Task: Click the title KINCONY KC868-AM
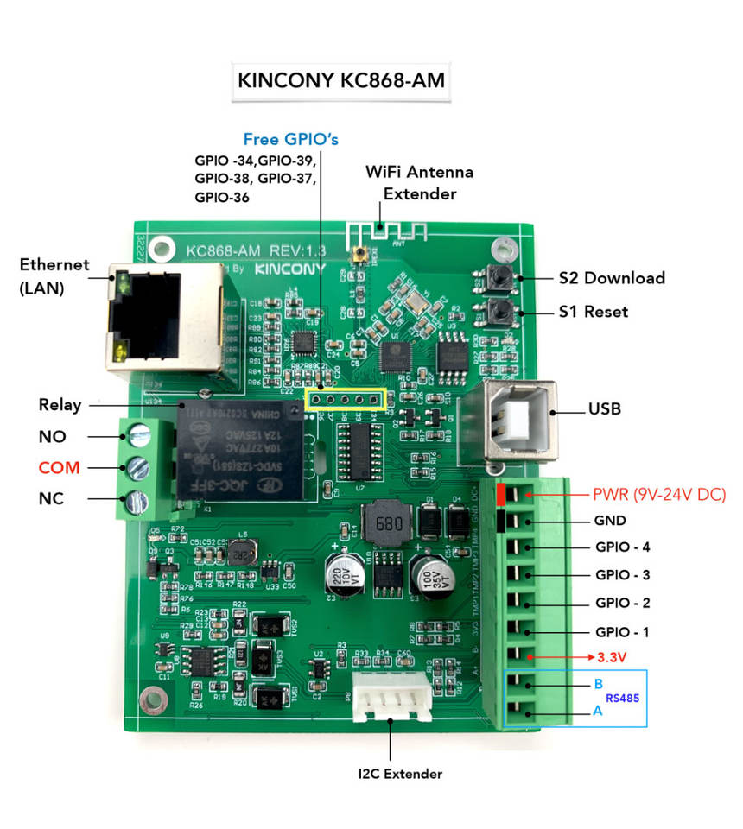point(341,80)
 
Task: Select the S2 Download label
point(612,277)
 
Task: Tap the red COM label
point(59,468)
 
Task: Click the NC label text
point(51,499)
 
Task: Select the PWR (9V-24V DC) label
point(659,496)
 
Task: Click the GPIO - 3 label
point(622,574)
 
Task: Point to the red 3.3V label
point(612,657)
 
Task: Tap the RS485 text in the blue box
point(622,698)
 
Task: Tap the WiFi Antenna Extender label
point(420,183)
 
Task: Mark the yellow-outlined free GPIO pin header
point(346,400)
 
